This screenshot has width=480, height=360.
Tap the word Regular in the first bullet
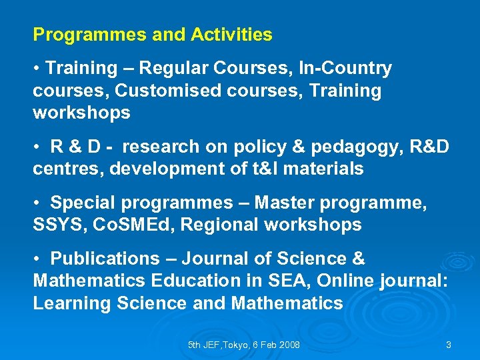[x=172, y=68]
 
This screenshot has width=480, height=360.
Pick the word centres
[x=68, y=169]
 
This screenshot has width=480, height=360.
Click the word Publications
[x=105, y=259]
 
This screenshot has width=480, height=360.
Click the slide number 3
[x=449, y=345]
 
